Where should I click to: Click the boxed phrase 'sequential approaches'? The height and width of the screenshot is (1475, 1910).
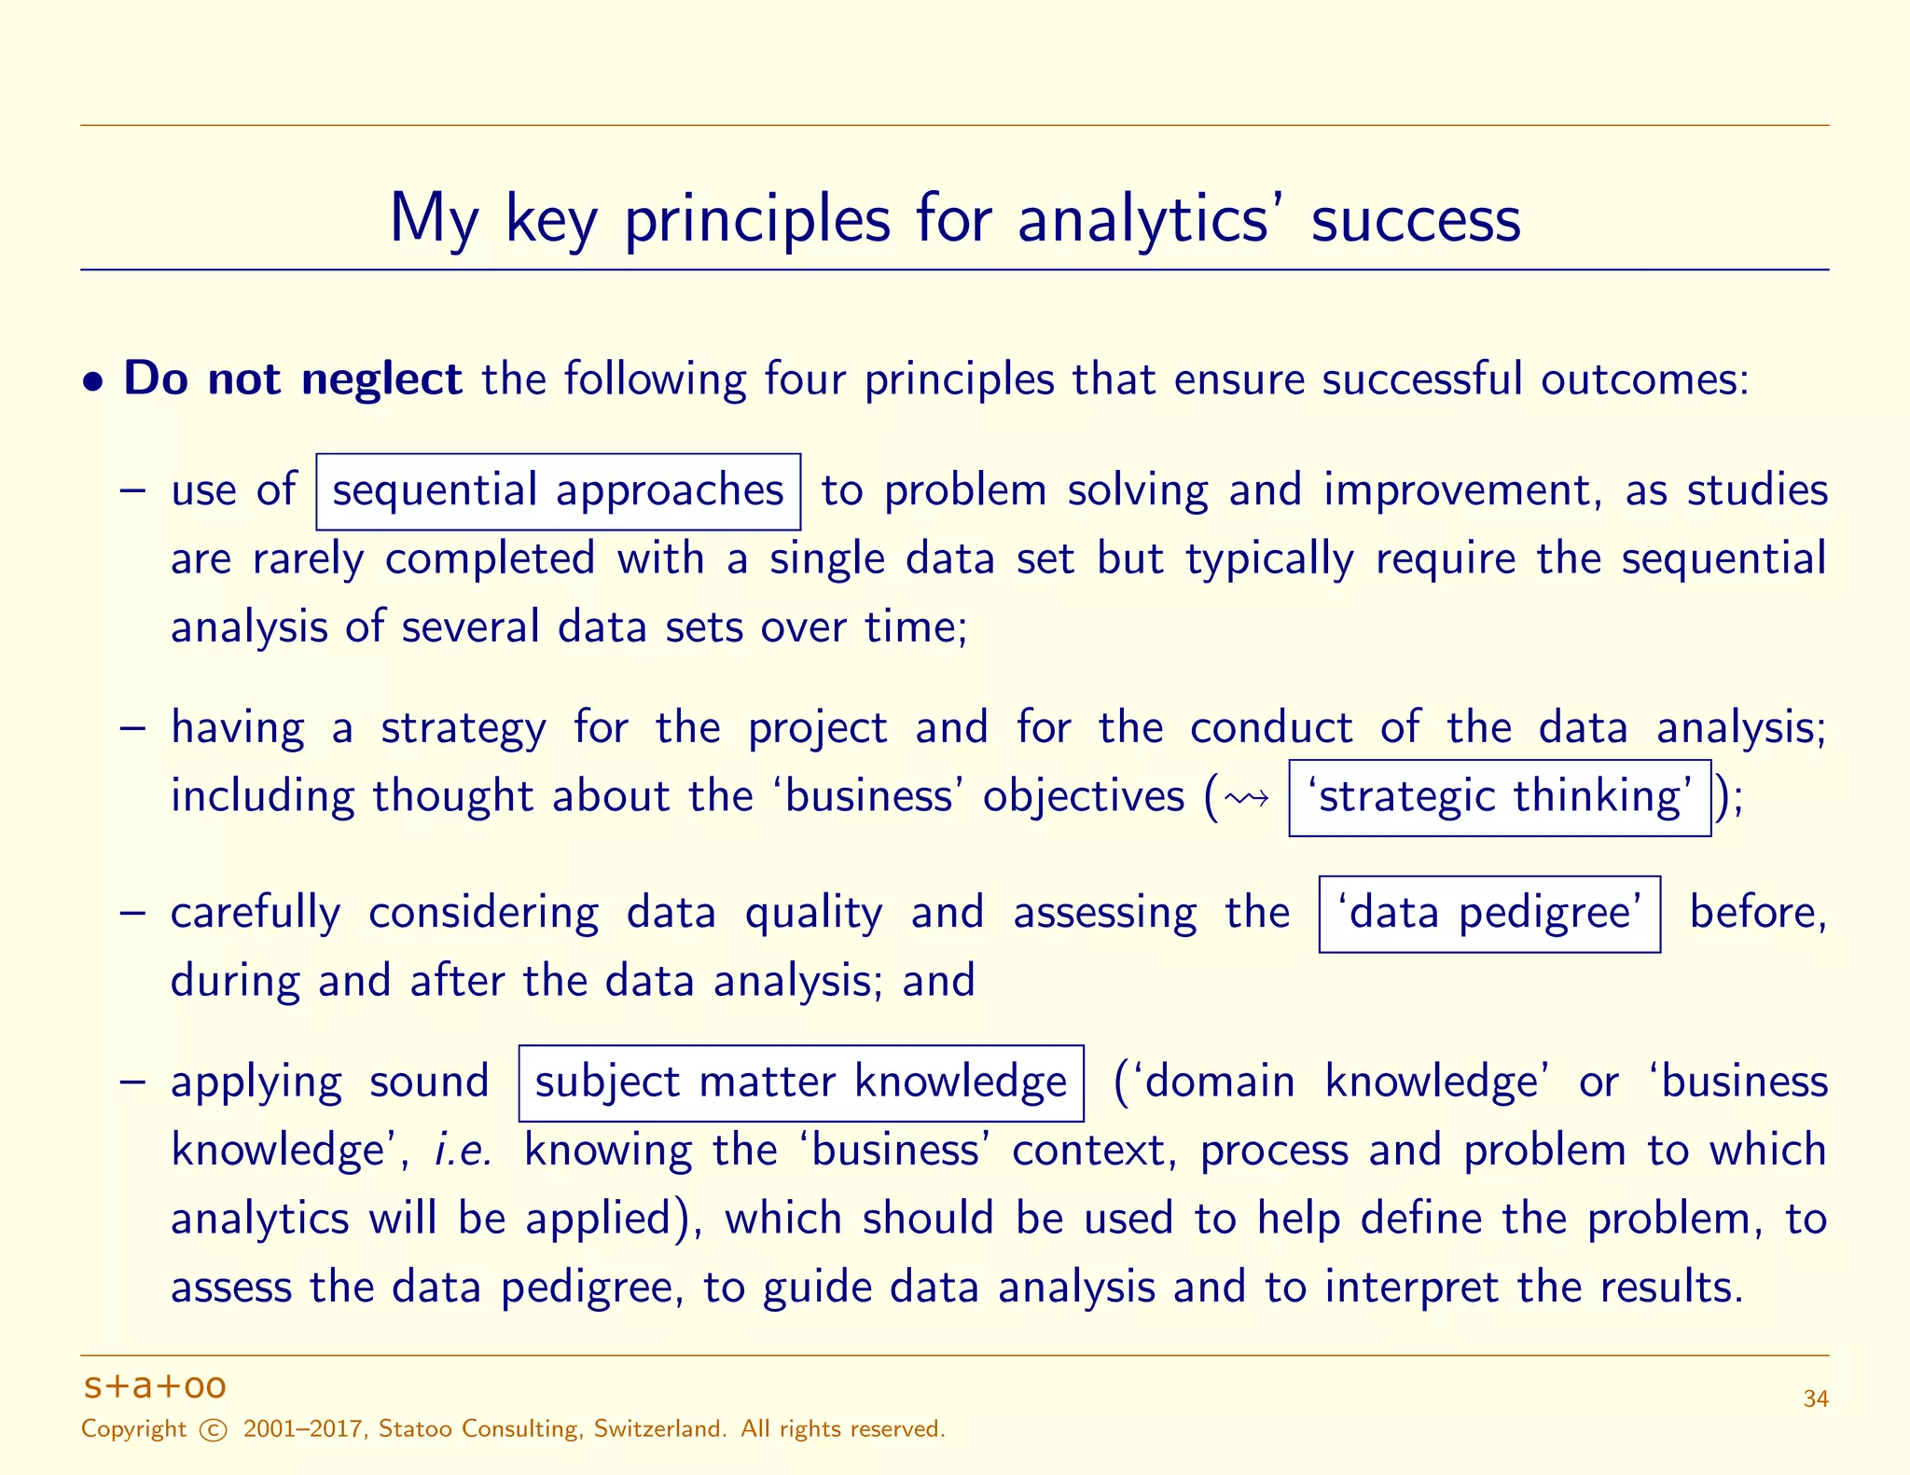click(558, 491)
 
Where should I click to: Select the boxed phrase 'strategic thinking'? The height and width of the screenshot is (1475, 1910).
click(1500, 797)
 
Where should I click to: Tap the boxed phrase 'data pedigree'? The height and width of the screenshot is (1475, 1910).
click(1489, 914)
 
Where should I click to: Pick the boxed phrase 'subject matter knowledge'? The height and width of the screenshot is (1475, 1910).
click(800, 1082)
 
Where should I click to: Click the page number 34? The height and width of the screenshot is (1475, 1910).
click(1815, 1399)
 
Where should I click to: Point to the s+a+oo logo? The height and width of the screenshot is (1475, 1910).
click(155, 1385)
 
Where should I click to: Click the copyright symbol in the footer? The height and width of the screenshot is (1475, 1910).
click(214, 1430)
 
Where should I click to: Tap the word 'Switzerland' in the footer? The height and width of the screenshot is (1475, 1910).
click(659, 1429)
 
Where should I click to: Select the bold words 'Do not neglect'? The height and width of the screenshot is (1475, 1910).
click(292, 379)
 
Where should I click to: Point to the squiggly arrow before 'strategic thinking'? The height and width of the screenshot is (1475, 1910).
click(1247, 798)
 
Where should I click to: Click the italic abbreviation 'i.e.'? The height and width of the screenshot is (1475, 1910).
click(464, 1150)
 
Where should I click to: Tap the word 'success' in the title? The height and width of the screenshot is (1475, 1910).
click(1415, 220)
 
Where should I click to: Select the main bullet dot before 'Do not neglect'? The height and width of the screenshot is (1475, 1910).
click(92, 381)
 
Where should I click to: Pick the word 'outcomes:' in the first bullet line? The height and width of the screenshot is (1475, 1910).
click(1644, 379)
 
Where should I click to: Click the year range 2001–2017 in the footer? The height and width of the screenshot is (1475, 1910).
click(302, 1429)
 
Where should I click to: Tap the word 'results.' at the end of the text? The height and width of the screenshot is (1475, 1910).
click(1670, 1287)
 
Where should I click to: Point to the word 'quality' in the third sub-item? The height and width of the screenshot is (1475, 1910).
click(813, 914)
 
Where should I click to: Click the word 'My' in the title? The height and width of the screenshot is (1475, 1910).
click(434, 220)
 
